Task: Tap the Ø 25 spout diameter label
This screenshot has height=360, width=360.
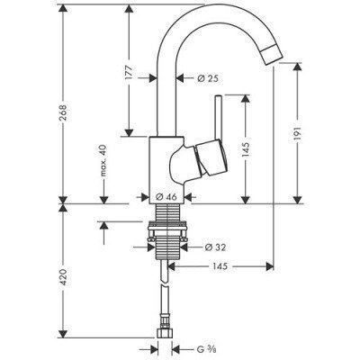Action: click(210, 78)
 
